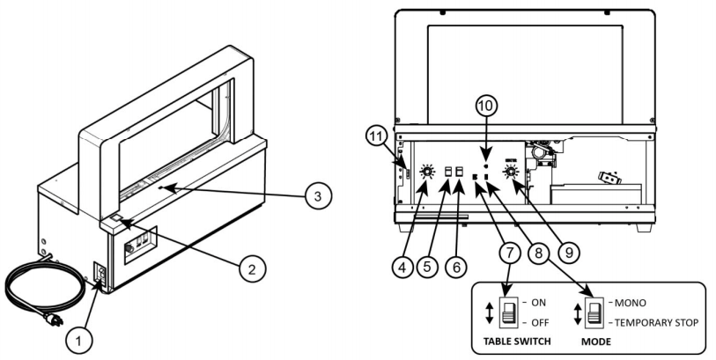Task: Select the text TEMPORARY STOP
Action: (x=661, y=322)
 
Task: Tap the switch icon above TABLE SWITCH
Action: (x=509, y=312)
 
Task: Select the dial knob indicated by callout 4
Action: (x=426, y=173)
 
